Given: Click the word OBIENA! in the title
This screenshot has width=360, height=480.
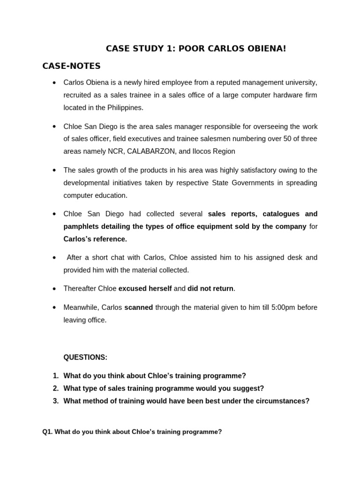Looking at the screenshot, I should [266, 48].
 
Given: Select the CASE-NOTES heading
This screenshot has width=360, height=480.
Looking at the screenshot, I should [71, 66].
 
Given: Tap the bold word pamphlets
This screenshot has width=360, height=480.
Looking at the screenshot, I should [80, 226].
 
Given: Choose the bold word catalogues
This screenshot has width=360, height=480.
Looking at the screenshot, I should [282, 214].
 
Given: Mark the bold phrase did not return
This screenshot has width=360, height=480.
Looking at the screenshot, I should [210, 289].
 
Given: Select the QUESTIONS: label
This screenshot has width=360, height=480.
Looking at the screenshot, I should [85, 357].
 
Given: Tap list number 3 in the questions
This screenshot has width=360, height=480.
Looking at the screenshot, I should [55, 401].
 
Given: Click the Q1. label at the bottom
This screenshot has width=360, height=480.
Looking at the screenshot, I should [47, 432].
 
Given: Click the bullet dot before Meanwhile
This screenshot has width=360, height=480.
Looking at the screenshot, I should [54, 307].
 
